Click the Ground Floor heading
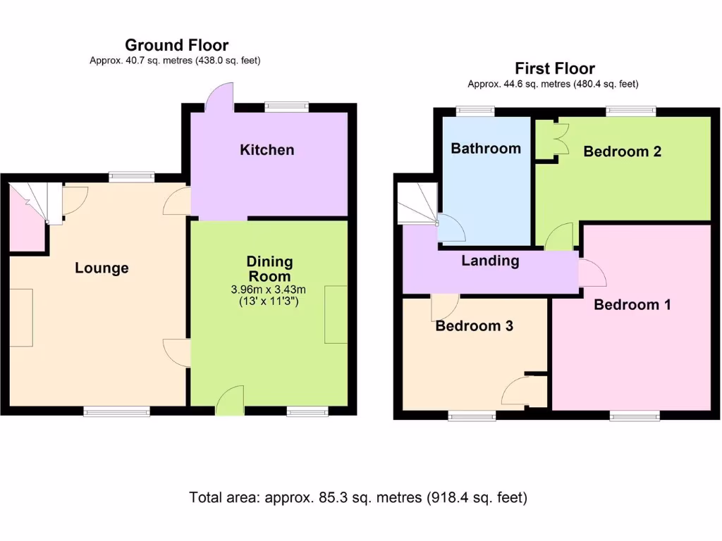[177, 45]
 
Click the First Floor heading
[555, 68]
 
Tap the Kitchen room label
[267, 150]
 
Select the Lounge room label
[102, 268]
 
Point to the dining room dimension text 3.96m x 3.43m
[269, 290]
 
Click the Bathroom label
[486, 149]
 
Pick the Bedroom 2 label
[622, 151]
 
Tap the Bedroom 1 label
[632, 304]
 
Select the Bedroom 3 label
[475, 325]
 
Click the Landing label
[491, 261]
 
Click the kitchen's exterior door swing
[219, 97]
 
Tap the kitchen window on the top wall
[286, 107]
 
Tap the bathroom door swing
[451, 228]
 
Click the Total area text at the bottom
[358, 498]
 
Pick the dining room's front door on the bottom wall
[230, 400]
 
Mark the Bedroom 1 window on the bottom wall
[635, 416]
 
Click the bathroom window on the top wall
[475, 111]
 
